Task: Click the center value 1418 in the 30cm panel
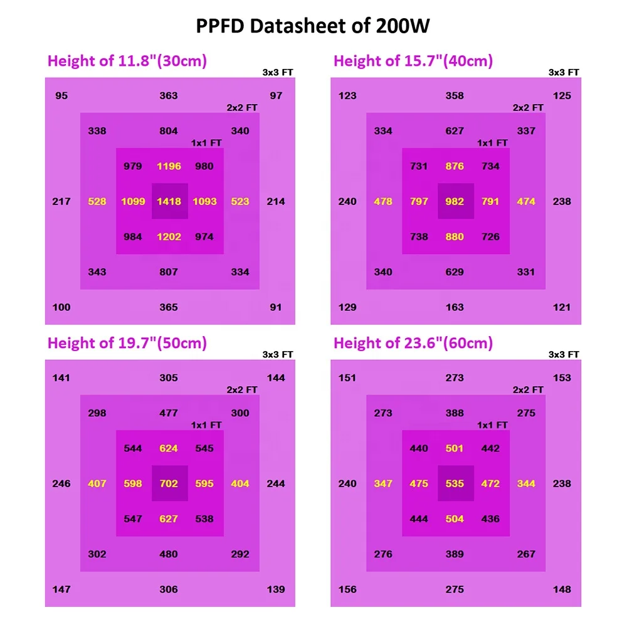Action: [x=169, y=202]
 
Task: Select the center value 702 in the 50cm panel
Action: [x=169, y=484]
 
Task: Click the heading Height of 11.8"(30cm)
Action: [x=127, y=61]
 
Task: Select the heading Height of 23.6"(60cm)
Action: [x=413, y=344]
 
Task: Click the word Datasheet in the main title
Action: [x=295, y=26]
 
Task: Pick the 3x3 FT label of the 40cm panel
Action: [x=564, y=73]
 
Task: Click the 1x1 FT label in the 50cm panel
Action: [x=206, y=425]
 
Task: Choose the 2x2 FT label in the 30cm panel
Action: [x=242, y=108]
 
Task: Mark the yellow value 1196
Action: [x=169, y=167]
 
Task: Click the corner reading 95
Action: [x=61, y=96]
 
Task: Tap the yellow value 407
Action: [x=97, y=484]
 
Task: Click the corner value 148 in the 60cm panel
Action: [x=562, y=589]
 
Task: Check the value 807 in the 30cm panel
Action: [x=169, y=272]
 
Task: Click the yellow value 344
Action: [x=526, y=484]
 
